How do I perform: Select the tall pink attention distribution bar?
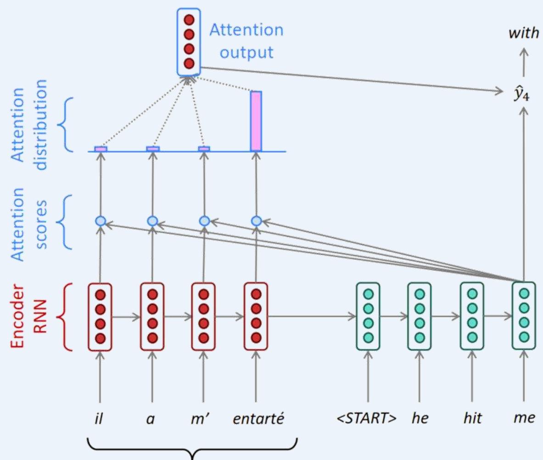(256, 121)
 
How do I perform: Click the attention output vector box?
(189, 42)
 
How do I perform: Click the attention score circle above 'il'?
(101, 221)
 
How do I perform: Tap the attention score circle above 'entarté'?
(256, 221)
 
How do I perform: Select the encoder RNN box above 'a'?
(152, 317)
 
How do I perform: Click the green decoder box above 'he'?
(419, 317)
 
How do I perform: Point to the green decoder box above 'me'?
(524, 317)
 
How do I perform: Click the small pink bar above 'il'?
(101, 149)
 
